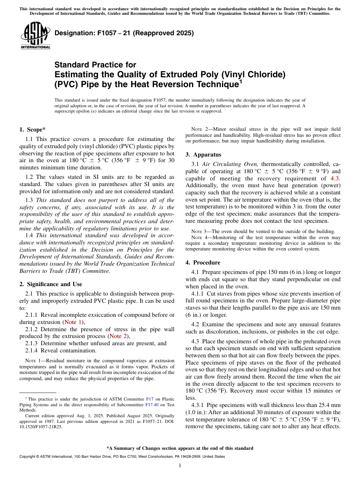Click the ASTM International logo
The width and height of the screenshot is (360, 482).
[35, 36]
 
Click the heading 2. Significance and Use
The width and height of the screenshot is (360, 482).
[51, 284]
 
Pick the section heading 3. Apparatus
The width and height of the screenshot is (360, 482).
[203, 155]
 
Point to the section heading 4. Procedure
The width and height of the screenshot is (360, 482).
[203, 263]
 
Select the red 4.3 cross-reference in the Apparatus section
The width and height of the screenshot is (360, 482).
[335, 178]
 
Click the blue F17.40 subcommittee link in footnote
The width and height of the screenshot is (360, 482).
[152, 404]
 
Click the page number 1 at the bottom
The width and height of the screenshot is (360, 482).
[180, 466]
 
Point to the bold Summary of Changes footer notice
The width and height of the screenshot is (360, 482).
[180, 448]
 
